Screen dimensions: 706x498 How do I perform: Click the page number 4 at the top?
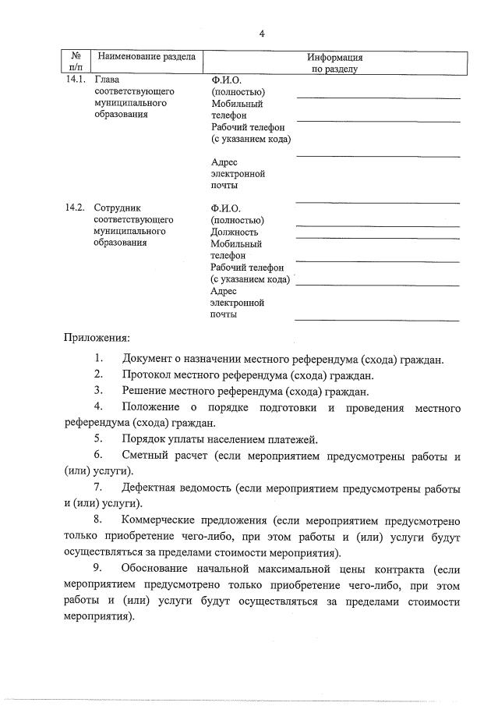[262, 34]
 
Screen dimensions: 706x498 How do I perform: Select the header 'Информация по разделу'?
[334, 63]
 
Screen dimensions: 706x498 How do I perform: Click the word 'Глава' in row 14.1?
[106, 80]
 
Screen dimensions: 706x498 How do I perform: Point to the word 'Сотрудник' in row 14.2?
[116, 208]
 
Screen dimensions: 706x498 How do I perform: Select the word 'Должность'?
[234, 232]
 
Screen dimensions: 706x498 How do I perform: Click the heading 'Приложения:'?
[97, 339]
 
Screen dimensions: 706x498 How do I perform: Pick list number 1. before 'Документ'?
[99, 359]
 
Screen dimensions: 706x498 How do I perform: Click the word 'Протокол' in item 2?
[148, 375]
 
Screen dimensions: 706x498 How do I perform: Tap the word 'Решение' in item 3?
[146, 392]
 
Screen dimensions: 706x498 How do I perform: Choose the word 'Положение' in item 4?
[150, 408]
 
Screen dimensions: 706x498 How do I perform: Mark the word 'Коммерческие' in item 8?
[160, 520]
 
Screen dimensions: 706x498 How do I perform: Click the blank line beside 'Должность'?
[376, 236]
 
